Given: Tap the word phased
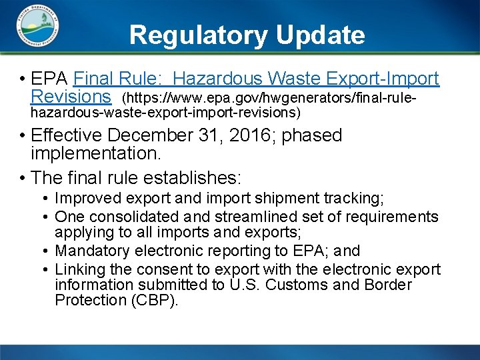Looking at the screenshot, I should point(312,135).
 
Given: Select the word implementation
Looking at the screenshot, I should point(96,154).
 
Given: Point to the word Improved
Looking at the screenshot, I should point(85,199).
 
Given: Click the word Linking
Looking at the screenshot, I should point(78,269).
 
